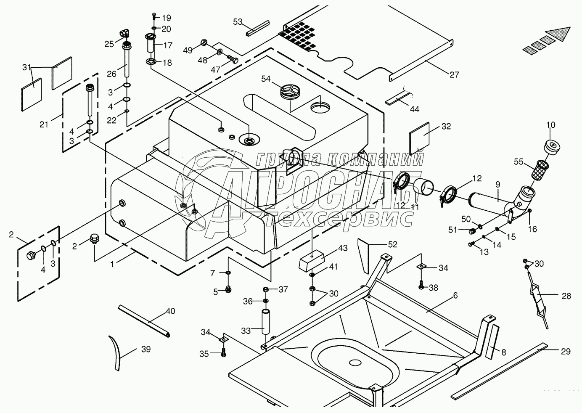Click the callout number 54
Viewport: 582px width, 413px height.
(x=266, y=79)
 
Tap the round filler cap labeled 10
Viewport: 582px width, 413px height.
(x=552, y=147)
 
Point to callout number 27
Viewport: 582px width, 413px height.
(x=454, y=75)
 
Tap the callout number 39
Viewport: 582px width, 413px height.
(x=146, y=349)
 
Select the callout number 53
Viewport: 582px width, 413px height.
(x=238, y=21)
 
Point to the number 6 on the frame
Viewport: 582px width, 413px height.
(x=455, y=296)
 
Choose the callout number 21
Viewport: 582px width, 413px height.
(x=44, y=124)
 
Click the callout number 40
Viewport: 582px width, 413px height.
(x=170, y=312)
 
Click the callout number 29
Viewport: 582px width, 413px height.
(x=566, y=351)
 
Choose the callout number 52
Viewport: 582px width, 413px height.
(x=392, y=244)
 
